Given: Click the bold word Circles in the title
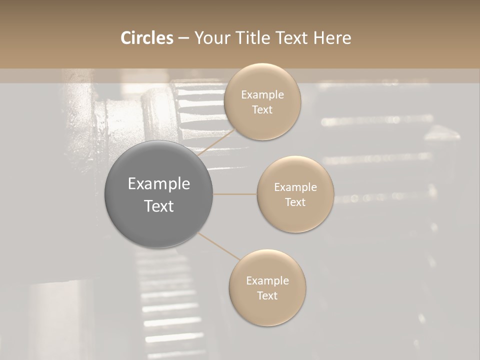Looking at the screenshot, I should click(x=146, y=38).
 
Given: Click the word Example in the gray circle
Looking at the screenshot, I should click(x=159, y=184).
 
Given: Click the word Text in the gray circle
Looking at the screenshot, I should click(x=159, y=206).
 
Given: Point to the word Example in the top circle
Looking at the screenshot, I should click(x=262, y=95).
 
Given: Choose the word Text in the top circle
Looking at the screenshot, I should click(x=262, y=110).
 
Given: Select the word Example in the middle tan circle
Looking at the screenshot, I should click(x=295, y=187).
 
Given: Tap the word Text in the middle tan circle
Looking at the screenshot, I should click(x=295, y=202).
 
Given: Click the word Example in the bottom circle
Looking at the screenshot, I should click(x=267, y=281).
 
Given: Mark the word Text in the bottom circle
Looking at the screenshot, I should click(x=267, y=296).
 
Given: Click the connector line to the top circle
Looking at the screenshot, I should click(x=216, y=142).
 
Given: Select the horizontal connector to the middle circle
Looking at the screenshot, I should click(x=235, y=194).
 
